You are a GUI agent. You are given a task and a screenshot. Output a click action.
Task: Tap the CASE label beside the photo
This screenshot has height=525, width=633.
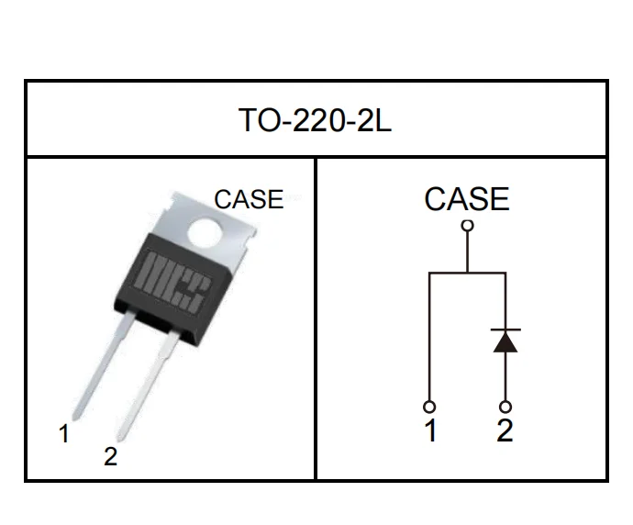click(x=248, y=199)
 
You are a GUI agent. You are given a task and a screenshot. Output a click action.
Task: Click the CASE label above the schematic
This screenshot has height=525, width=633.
click(x=466, y=199)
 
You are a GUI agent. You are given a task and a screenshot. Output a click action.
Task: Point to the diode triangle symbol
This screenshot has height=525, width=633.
click(x=505, y=341)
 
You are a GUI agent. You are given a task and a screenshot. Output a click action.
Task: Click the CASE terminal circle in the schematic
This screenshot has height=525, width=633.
click(x=467, y=226)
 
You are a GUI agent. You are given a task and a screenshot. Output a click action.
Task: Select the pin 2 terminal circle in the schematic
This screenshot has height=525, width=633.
click(x=505, y=406)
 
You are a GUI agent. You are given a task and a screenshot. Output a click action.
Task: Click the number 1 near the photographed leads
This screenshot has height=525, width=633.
click(x=64, y=435)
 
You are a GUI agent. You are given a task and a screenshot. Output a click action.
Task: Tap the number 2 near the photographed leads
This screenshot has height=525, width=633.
click(x=111, y=457)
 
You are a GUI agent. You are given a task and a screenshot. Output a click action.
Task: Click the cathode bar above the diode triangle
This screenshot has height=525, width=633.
click(x=505, y=329)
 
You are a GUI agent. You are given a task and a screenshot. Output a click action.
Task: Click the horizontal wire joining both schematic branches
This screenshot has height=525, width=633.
click(x=467, y=273)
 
